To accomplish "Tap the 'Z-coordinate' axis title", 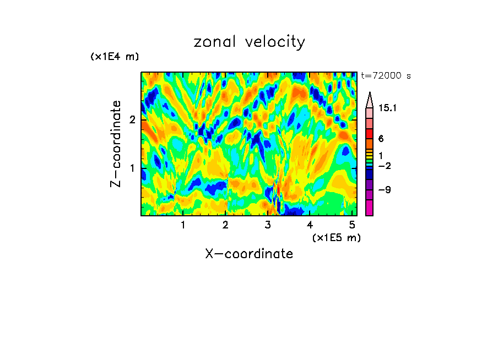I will (116, 144).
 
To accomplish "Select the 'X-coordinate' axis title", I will (249, 254).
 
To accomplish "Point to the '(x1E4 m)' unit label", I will (115, 57).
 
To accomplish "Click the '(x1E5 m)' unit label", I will (336, 237).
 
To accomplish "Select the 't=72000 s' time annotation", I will (386, 76).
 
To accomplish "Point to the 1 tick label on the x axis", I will (183, 225).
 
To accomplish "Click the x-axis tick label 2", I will (225, 225).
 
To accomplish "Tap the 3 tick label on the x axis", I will (268, 225).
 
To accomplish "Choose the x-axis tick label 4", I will (310, 225).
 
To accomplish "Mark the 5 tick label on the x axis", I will (352, 225).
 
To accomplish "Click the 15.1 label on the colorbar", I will (388, 108).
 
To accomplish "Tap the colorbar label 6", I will (381, 139).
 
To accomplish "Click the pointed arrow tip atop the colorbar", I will (370, 95).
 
